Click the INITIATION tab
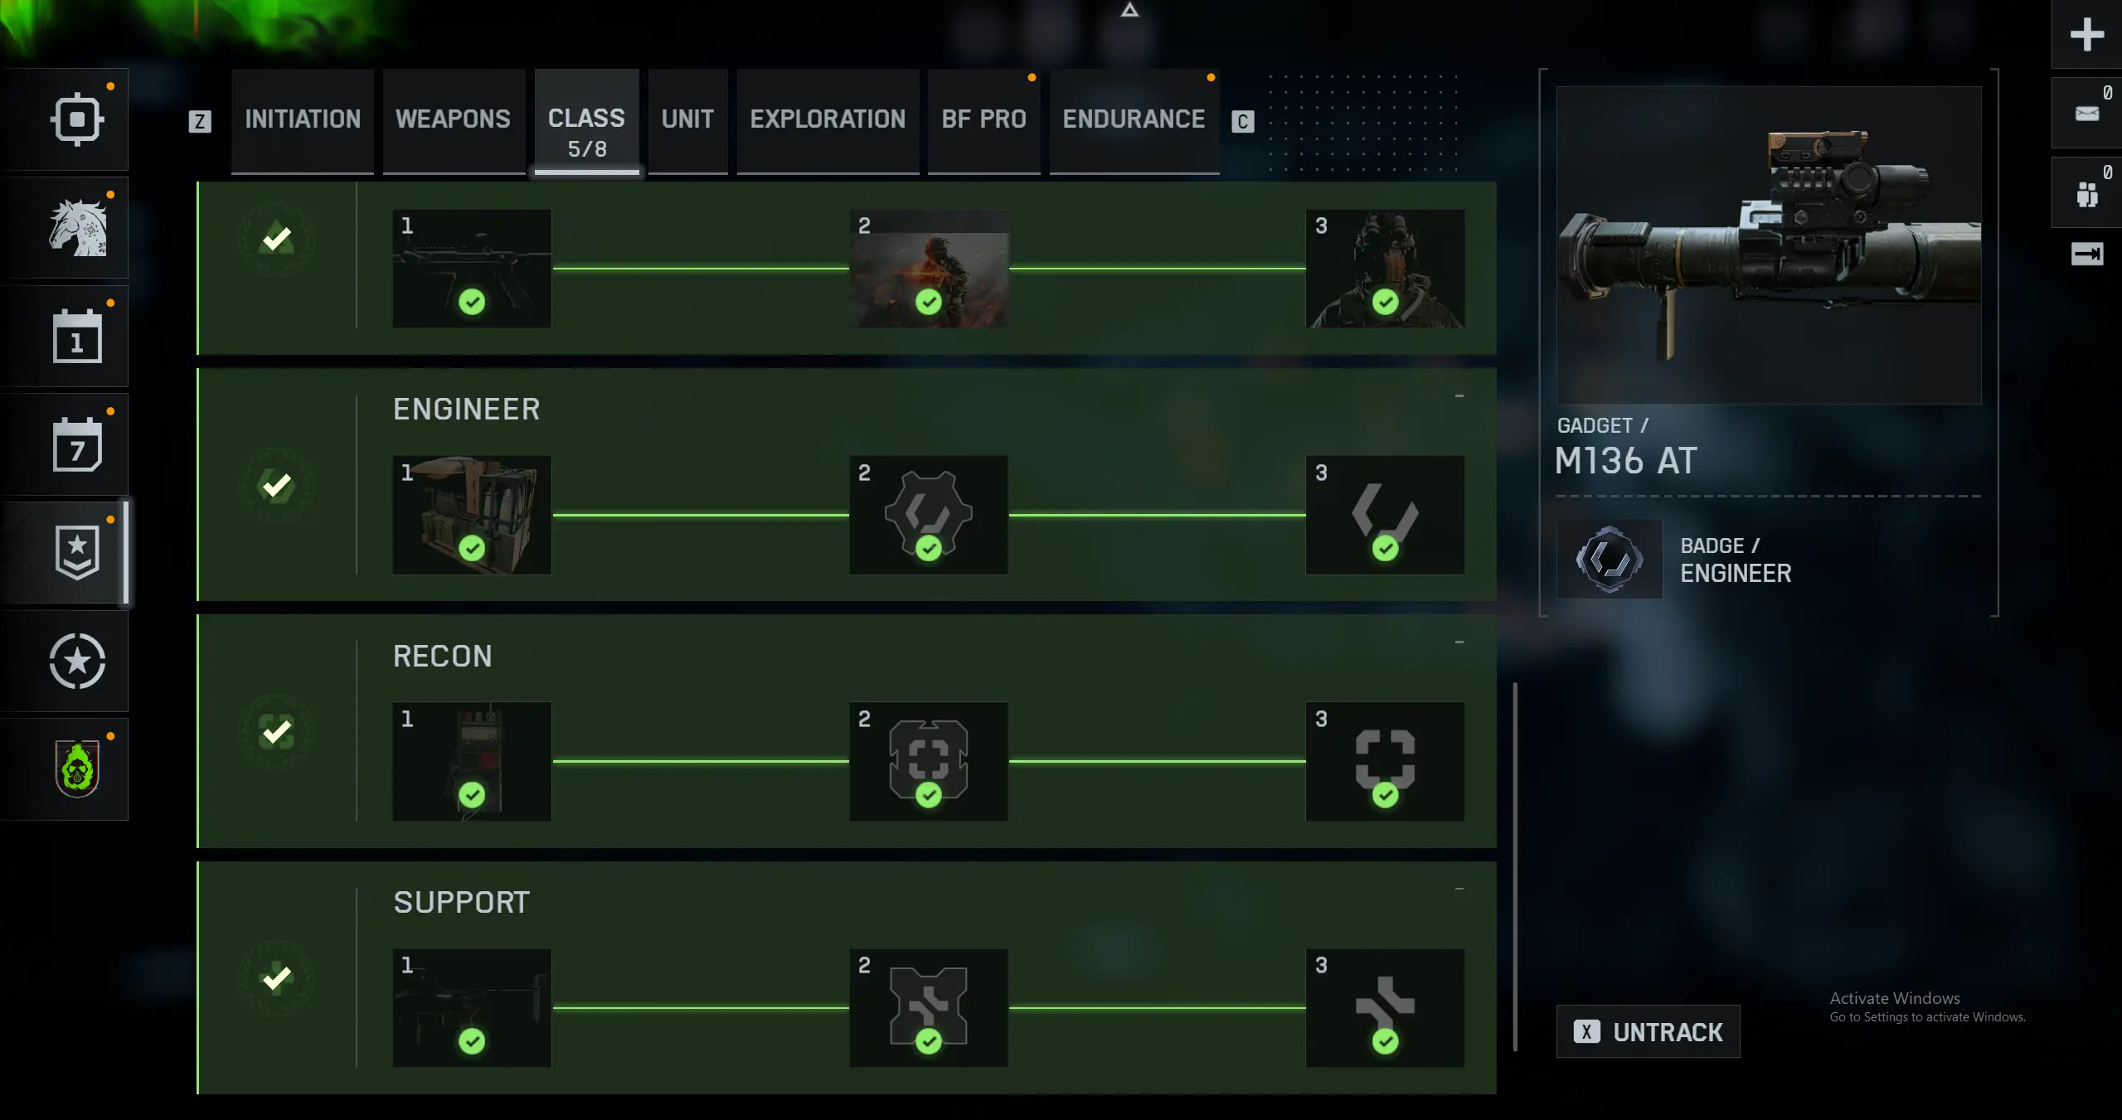tap(303, 119)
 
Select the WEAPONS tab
tap(453, 119)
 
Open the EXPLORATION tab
tap(828, 119)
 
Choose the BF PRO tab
tap(983, 119)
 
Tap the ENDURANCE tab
tap(1134, 119)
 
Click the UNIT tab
tap(687, 119)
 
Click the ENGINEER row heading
tap(466, 410)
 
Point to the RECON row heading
tap(442, 657)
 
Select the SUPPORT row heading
tap(461, 903)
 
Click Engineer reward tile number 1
tap(472, 515)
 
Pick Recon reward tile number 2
tap(928, 761)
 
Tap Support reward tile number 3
tap(1384, 1007)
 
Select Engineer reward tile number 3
tap(1384, 515)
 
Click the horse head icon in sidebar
tap(77, 228)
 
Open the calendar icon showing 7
tap(77, 445)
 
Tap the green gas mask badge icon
tap(77, 769)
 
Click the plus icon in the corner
tap(2086, 35)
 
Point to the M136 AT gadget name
tap(1625, 461)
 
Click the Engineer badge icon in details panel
tap(1609, 560)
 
